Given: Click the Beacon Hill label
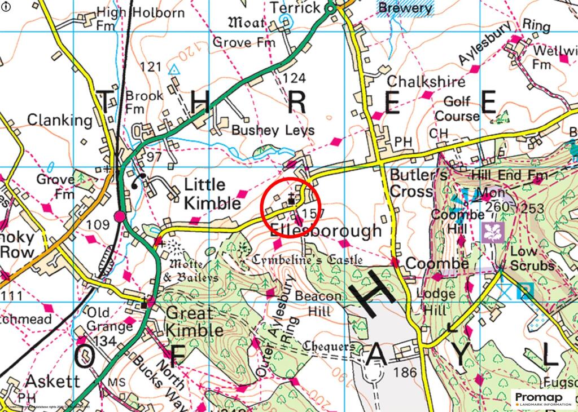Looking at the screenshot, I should point(323,303).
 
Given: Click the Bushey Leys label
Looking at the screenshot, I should point(273,130).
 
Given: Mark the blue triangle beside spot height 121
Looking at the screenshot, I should point(174,69).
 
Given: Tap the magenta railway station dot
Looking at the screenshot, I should point(119,216).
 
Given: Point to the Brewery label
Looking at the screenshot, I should point(405,8).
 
